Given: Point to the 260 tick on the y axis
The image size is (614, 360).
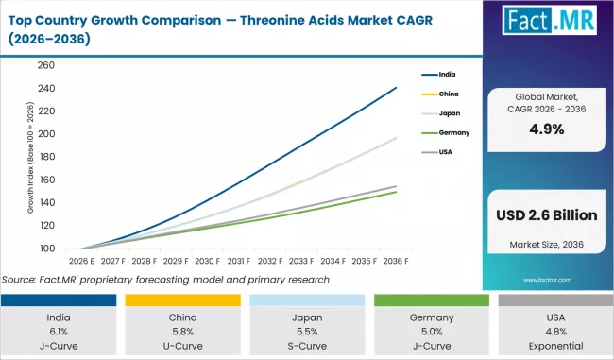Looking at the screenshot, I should (47, 66).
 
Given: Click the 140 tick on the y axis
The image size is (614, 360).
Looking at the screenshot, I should (47, 202).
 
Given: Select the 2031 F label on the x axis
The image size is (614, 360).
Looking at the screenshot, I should (239, 261).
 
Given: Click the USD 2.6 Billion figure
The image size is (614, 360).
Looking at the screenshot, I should (546, 215).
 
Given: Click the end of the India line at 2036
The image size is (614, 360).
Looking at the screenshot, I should (396, 88).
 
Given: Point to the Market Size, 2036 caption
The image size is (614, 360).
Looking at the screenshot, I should (546, 245).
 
